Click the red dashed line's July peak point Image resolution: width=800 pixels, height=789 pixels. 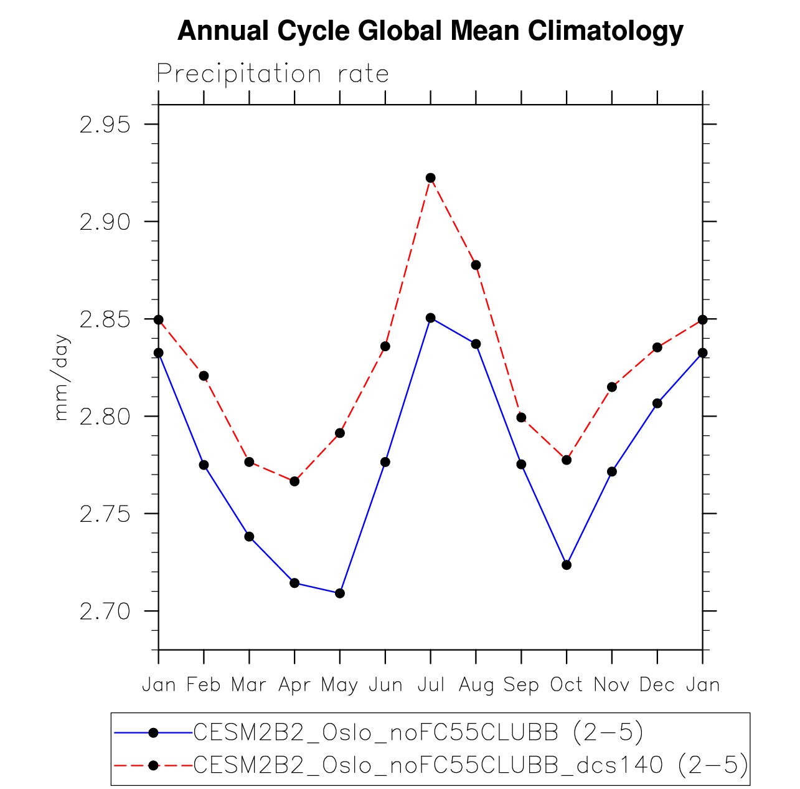point(431,178)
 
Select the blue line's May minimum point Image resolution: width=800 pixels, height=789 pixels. point(340,593)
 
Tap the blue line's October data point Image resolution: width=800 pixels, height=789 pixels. point(567,565)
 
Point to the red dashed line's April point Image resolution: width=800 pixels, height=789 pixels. point(294,481)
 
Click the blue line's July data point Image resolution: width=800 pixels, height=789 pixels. point(431,318)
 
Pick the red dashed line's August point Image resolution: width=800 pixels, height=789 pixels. point(476,265)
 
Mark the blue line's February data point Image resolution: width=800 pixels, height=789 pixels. point(204,465)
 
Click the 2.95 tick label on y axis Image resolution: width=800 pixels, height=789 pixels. point(105,125)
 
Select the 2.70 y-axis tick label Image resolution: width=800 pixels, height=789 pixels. point(105,612)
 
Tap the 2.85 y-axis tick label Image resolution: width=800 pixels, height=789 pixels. point(105,319)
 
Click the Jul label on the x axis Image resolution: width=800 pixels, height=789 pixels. point(431,685)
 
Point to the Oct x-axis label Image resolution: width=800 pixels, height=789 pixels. point(567,685)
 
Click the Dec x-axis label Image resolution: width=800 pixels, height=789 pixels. point(657,685)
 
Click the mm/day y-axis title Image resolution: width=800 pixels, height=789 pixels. point(62,377)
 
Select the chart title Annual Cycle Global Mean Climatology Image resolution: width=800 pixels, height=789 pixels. point(430,31)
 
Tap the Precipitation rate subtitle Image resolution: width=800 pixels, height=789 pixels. point(273,74)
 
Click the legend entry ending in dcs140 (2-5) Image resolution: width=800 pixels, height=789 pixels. point(471,765)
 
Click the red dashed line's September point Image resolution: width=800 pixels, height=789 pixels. point(522,417)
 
